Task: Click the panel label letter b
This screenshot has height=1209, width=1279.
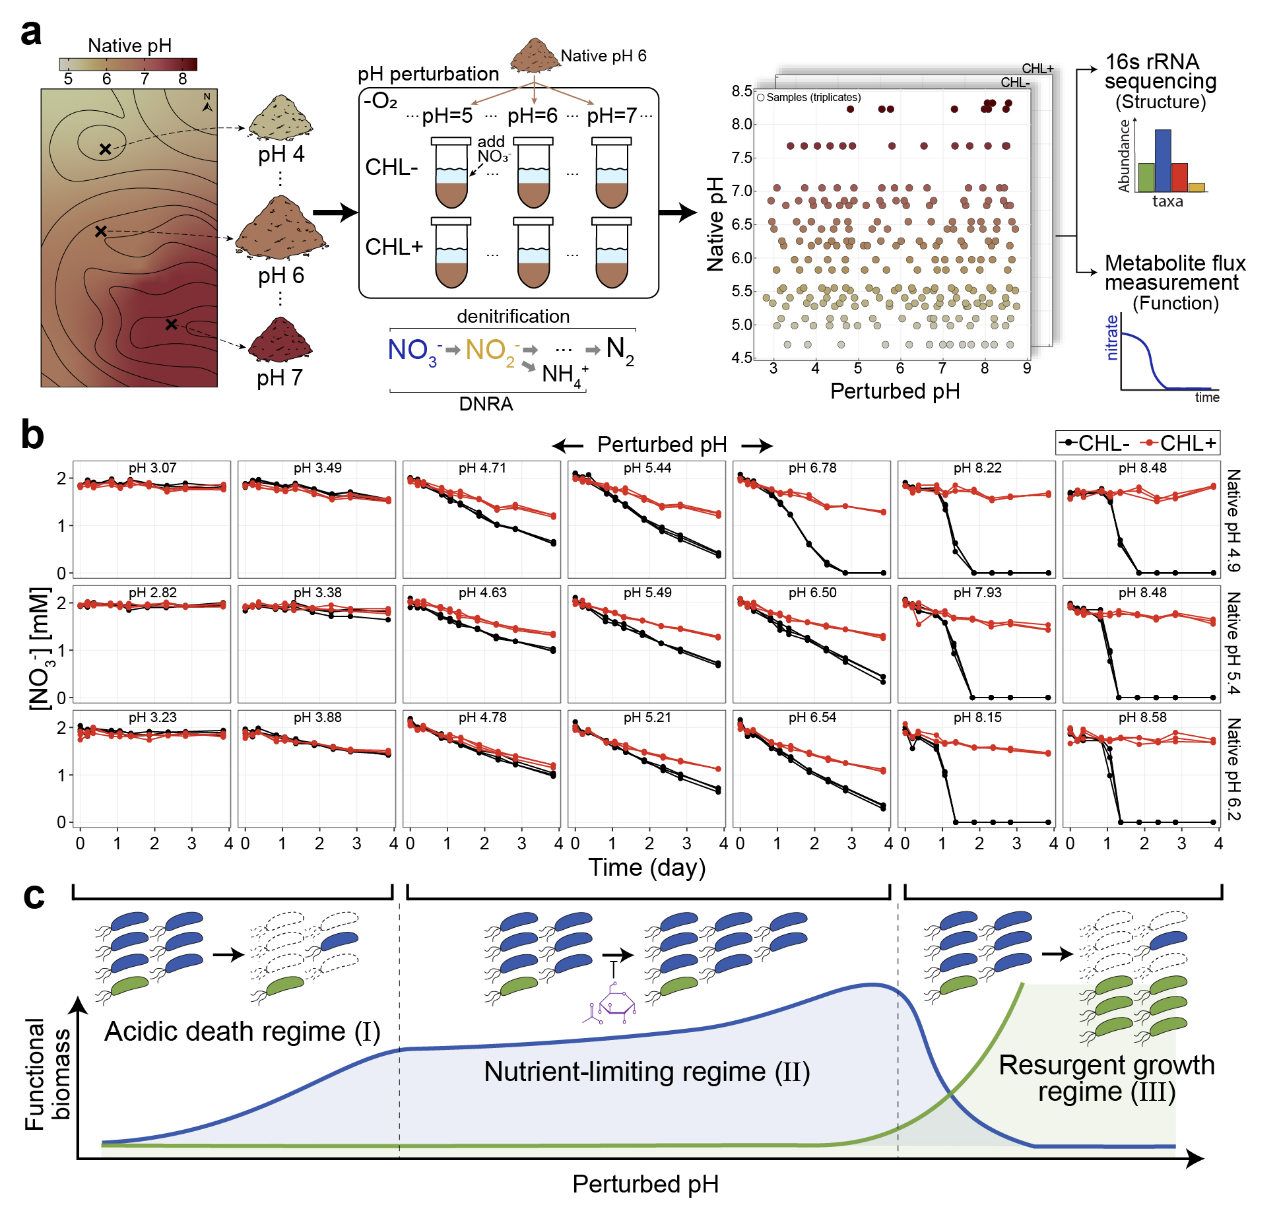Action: (x=32, y=436)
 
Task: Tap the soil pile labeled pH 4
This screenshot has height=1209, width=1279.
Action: (x=280, y=119)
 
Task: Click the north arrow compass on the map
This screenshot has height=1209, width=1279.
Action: (x=207, y=102)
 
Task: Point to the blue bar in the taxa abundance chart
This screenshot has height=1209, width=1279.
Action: (x=1163, y=160)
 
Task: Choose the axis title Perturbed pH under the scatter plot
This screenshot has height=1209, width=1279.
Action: (x=894, y=391)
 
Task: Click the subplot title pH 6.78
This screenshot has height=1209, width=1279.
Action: (x=812, y=468)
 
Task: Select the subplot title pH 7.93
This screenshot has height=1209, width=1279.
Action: (x=977, y=593)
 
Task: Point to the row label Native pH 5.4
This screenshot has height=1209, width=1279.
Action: (x=1233, y=643)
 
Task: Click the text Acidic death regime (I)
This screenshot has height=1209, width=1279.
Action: (x=242, y=1031)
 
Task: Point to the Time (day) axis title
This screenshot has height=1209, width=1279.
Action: (x=647, y=867)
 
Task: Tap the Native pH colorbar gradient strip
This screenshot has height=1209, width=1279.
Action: (x=128, y=64)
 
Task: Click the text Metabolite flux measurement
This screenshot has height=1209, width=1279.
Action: (x=1175, y=273)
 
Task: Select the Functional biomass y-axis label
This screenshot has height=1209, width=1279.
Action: (x=48, y=1074)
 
